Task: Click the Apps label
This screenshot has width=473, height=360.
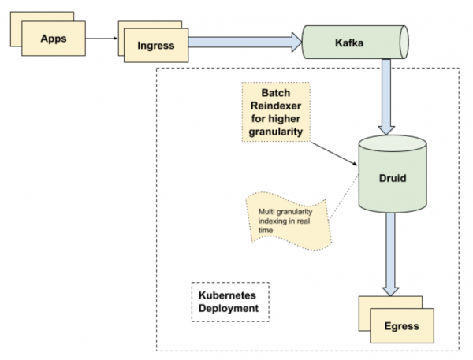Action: pyautogui.click(x=54, y=39)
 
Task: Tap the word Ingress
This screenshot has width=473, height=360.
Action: pyautogui.click(x=156, y=46)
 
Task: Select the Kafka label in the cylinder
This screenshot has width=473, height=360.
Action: pyautogui.click(x=349, y=43)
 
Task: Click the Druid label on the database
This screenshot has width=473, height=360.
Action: pyautogui.click(x=393, y=178)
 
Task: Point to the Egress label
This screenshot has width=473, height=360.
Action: pyautogui.click(x=402, y=326)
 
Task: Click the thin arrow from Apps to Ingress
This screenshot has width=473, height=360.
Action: pyautogui.click(x=102, y=39)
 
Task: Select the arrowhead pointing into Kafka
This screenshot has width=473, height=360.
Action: pyautogui.click(x=296, y=43)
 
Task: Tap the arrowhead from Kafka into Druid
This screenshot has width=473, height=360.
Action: pyautogui.click(x=386, y=130)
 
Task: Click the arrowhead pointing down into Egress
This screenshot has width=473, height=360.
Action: pyautogui.click(x=391, y=291)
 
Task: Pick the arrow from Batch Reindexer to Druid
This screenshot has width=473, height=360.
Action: pyautogui.click(x=334, y=154)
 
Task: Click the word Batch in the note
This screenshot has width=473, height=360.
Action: pyautogui.click(x=276, y=93)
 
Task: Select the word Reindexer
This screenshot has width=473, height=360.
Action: pyautogui.click(x=276, y=106)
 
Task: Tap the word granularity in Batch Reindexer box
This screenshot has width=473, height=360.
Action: pyautogui.click(x=276, y=132)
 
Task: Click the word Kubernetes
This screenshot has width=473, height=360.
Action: pyautogui.click(x=227, y=295)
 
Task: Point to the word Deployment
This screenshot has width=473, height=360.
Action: pyautogui.click(x=229, y=309)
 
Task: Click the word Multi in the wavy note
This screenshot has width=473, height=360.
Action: pyautogui.click(x=265, y=212)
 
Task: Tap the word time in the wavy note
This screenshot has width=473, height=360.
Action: pyautogui.click(x=266, y=230)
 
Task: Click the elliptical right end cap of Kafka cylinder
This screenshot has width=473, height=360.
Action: pyautogui.click(x=404, y=43)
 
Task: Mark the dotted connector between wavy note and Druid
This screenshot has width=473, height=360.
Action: pyautogui.click(x=343, y=197)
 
